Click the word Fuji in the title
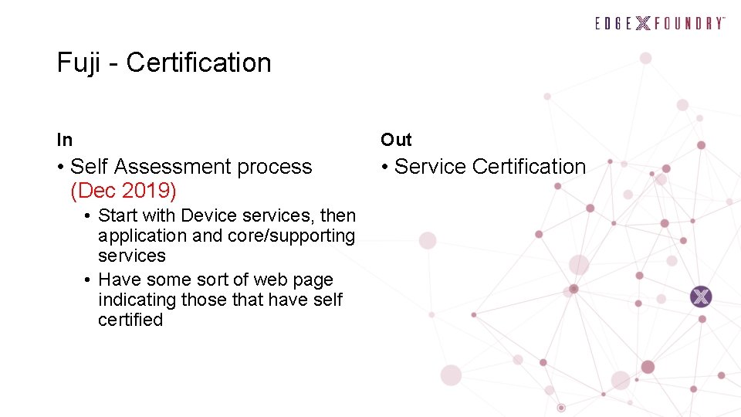(x=78, y=63)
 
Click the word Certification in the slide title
(x=198, y=63)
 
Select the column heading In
(x=65, y=140)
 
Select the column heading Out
(x=396, y=140)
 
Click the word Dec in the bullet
(x=96, y=190)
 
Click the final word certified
(x=130, y=320)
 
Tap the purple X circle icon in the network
(x=701, y=297)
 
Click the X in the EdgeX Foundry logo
(x=643, y=23)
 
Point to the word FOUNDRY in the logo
(x=689, y=23)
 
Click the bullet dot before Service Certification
(x=384, y=167)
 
